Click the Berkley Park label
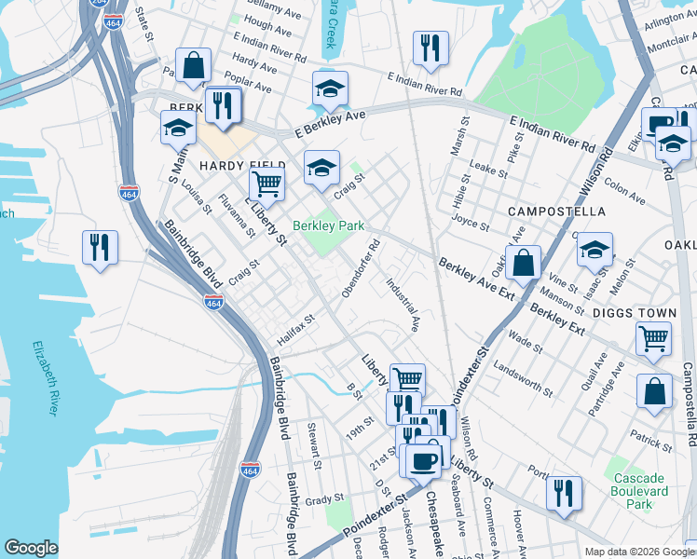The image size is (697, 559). pos(328,225)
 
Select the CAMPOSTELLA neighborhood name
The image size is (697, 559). pos(557,212)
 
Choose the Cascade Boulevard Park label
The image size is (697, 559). pos(639,491)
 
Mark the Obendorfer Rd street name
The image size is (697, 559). pos(362,270)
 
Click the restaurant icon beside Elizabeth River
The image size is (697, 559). pos(100,248)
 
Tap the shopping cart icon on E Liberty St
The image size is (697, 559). pos(267,184)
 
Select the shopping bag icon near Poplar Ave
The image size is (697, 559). pos(194,65)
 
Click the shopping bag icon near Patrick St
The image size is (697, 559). pos(654,391)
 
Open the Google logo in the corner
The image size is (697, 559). pos(32,548)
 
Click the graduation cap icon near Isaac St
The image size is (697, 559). pos(594,249)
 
